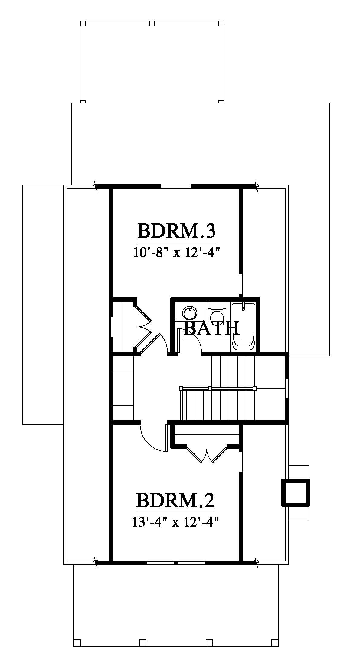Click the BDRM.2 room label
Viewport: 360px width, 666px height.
click(175, 500)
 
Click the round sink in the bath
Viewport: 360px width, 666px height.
click(190, 313)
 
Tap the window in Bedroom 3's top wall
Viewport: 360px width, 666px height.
click(176, 186)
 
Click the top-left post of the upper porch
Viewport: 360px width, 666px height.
click(83, 23)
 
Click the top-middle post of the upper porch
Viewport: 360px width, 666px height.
click(152, 23)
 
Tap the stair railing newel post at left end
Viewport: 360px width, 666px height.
click(181, 388)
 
